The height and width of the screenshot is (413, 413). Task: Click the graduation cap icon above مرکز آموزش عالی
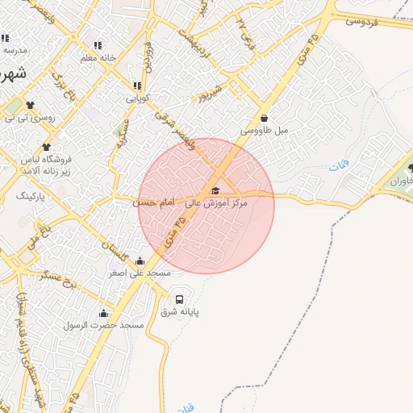click(215, 191)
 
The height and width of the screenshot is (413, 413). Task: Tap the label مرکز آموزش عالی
click(217, 204)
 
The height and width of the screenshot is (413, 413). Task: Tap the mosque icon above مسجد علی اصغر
click(140, 261)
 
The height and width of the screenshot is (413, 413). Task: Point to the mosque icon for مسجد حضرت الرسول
click(103, 313)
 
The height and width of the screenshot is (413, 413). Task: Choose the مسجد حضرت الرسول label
click(104, 325)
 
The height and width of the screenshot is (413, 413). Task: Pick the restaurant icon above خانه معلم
click(98, 45)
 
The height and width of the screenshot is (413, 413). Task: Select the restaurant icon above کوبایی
click(137, 86)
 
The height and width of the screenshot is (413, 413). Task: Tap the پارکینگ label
click(32, 196)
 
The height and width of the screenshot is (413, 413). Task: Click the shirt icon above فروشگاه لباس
click(45, 147)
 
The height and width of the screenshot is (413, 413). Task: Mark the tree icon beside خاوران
click(411, 169)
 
